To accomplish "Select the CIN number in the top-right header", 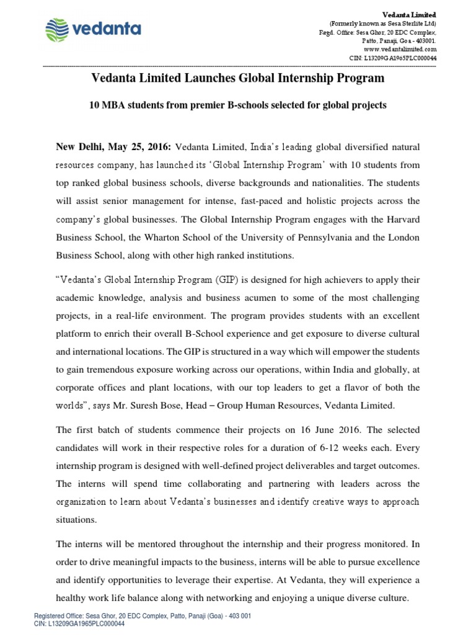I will (393, 57).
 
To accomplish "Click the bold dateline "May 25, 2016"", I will (143, 147).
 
